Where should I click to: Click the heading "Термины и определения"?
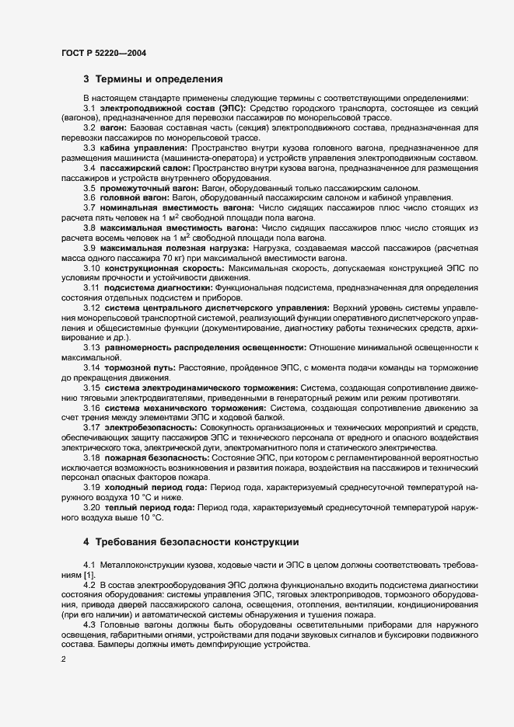[x=159, y=79]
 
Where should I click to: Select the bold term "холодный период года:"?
[x=156, y=487]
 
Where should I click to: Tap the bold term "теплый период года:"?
[x=151, y=506]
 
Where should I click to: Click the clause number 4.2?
[x=89, y=583]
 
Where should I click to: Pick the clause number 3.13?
[x=91, y=346]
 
